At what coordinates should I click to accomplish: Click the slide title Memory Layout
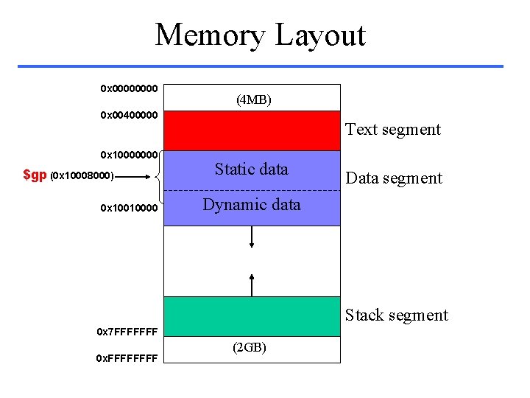[260, 35]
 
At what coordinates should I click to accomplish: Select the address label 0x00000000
[129, 88]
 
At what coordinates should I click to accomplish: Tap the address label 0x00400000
[129, 116]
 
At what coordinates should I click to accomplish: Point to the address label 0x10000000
[129, 155]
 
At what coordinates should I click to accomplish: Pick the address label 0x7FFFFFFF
[127, 331]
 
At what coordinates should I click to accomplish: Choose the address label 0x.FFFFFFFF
[127, 358]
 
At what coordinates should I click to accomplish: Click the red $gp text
[35, 175]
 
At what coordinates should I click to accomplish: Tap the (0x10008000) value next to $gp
[82, 176]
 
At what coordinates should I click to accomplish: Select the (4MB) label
[253, 99]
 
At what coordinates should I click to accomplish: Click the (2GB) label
[250, 346]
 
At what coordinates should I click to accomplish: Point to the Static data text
[251, 170]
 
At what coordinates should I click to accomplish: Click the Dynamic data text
[251, 205]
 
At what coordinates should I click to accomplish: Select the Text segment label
[392, 130]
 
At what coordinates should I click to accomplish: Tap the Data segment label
[394, 178]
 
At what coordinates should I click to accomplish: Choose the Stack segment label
[396, 315]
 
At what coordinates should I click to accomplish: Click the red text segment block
[252, 131]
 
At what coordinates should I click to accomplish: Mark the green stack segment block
[252, 316]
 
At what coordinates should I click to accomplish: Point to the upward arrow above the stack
[252, 284]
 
